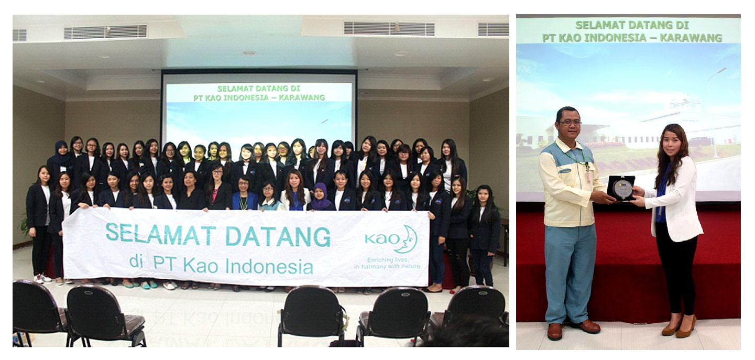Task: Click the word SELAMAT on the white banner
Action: tap(160, 235)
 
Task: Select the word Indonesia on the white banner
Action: tap(269, 266)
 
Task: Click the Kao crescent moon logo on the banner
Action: tap(407, 239)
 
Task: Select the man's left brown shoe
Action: tap(554, 331)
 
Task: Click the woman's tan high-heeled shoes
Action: tap(679, 328)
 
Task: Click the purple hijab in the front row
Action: tap(320, 197)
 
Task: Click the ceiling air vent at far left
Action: tap(19, 35)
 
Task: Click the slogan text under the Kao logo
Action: tap(388, 263)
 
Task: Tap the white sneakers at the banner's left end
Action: tap(42, 278)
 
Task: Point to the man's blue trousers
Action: tap(570, 273)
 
